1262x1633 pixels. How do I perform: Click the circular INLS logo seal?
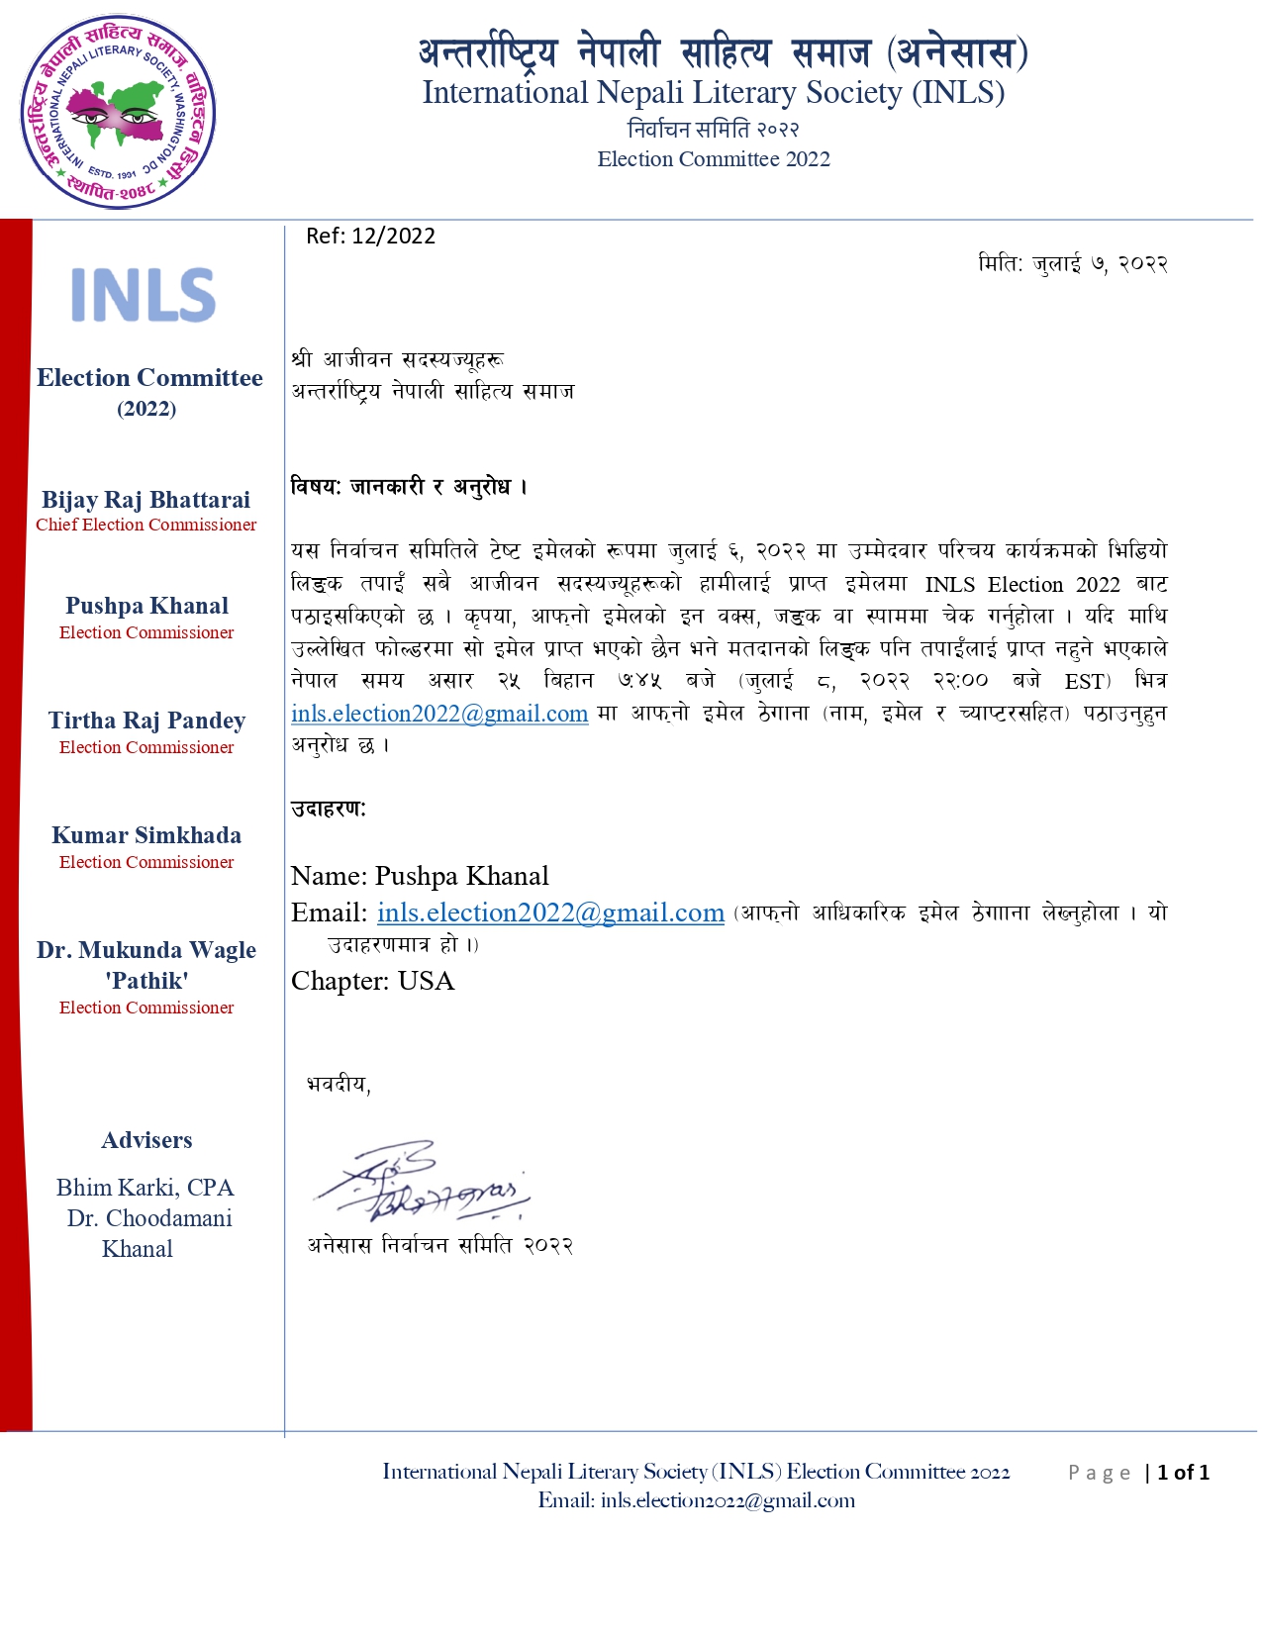(118, 112)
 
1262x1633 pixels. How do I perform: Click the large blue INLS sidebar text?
(144, 295)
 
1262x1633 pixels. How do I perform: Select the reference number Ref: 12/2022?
(370, 236)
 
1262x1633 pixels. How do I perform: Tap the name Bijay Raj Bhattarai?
(146, 500)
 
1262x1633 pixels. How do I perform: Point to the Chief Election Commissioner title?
(146, 526)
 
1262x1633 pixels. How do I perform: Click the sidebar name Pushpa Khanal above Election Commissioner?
(146, 606)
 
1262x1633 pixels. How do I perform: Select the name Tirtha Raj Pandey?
(146, 720)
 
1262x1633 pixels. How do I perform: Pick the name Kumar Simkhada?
(146, 835)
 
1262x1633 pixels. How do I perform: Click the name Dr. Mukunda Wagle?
(146, 950)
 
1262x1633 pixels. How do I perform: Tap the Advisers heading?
(146, 1140)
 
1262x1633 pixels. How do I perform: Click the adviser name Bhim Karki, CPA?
(145, 1188)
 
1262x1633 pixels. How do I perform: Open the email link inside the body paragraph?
(439, 714)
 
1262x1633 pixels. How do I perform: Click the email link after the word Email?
(550, 913)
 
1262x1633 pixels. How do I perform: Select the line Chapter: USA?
(372, 981)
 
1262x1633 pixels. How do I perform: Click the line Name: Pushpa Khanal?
(420, 876)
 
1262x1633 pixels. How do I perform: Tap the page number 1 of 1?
(1183, 1473)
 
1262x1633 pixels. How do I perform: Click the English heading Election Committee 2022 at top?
(714, 159)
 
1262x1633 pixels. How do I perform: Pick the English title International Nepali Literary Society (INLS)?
(714, 93)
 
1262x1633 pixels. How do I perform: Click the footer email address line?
(697, 1500)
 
